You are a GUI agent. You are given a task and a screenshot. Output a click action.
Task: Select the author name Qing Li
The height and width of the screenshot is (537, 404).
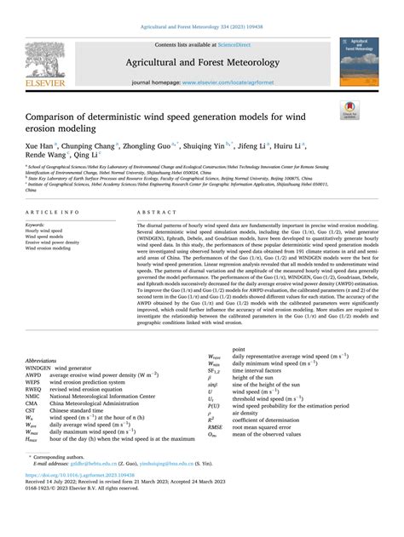88,157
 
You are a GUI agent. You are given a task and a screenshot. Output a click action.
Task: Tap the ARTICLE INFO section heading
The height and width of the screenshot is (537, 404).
53,211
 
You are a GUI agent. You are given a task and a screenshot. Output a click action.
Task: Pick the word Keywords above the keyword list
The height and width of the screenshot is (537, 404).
38,225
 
